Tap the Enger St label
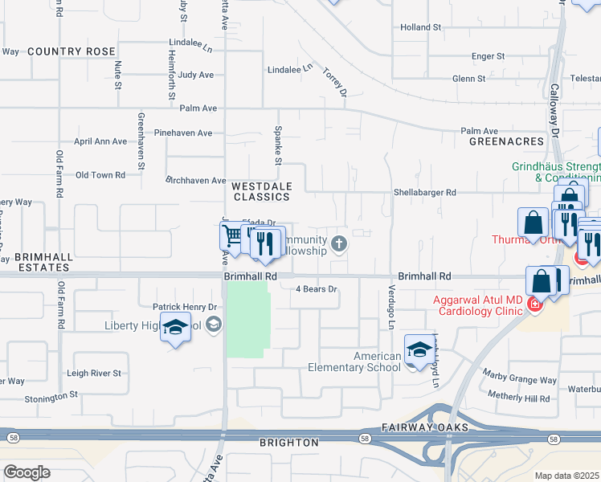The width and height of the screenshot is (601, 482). (x=488, y=56)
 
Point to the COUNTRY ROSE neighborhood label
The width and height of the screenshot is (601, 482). (x=72, y=51)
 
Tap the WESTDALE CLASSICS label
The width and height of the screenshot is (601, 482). (x=260, y=191)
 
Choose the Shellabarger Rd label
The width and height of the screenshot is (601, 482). (x=424, y=193)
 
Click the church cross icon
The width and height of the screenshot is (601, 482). (x=339, y=243)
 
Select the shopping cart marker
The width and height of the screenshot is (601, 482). (x=232, y=235)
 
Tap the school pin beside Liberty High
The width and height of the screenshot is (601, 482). (x=175, y=327)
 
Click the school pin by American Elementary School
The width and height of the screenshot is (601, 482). (x=418, y=349)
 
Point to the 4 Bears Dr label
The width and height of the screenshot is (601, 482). (x=317, y=288)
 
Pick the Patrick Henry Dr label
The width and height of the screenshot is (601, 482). (x=186, y=307)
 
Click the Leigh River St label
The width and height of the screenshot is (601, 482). (x=93, y=374)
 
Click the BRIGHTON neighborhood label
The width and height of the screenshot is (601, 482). (x=288, y=443)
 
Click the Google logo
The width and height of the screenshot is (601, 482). (x=27, y=472)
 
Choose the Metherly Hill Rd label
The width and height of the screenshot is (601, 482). (x=520, y=398)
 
